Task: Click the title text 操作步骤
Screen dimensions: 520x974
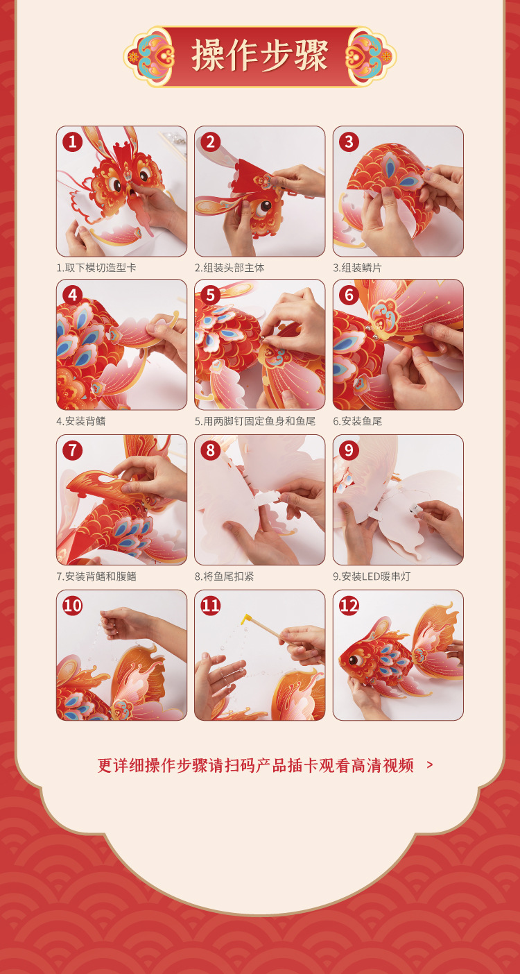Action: point(260,55)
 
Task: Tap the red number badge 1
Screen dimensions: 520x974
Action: point(73,142)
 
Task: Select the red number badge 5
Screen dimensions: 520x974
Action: point(211,296)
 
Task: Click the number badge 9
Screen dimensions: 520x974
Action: point(349,451)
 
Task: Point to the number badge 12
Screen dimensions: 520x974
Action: point(349,606)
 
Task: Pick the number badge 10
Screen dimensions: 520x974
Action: point(73,606)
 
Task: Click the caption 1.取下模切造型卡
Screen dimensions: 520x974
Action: point(96,268)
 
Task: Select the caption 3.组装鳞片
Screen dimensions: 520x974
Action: point(357,268)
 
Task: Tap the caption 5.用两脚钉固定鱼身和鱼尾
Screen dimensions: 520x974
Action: point(255,421)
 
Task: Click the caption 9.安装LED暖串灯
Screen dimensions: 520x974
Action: point(372,576)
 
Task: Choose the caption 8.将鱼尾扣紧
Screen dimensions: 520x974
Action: point(224,576)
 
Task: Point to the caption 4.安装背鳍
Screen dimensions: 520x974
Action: point(81,421)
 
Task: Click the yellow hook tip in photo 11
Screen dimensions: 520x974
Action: point(245,618)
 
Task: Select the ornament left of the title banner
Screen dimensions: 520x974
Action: point(149,56)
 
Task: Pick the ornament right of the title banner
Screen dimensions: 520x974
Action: point(371,56)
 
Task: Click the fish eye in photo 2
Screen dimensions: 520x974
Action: point(263,208)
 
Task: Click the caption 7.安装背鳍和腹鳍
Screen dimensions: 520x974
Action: point(96,576)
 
